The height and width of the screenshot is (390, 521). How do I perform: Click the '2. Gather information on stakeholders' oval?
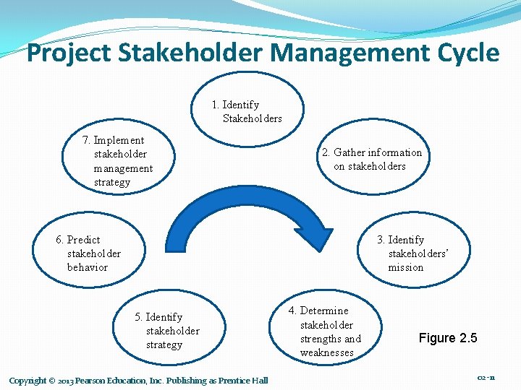point(371,159)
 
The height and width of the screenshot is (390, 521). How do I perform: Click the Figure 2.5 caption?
point(447,338)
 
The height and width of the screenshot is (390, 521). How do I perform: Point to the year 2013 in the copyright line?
point(62,381)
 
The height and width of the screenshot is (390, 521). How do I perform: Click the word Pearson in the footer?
point(93,381)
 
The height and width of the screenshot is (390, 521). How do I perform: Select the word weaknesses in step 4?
point(327,352)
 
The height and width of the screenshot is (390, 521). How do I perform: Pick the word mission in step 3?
point(405,267)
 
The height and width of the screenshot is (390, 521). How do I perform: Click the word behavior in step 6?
point(88,267)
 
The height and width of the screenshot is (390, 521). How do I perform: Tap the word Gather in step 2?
point(349,152)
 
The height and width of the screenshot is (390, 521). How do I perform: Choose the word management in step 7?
point(124,168)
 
